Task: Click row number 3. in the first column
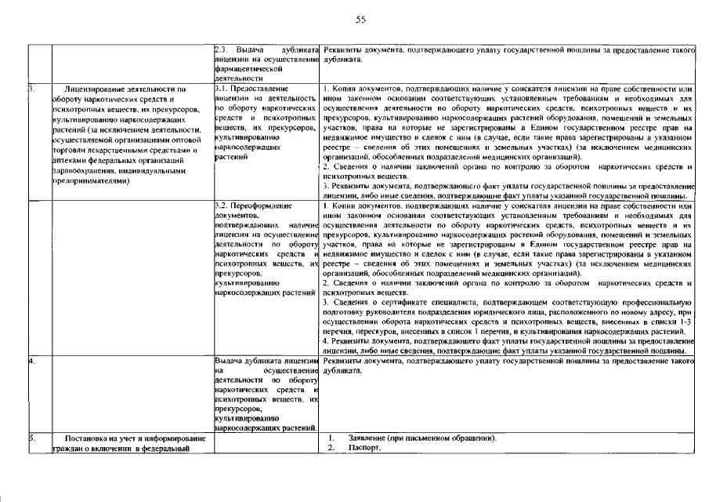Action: (x=32, y=89)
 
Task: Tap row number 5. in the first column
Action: (x=32, y=438)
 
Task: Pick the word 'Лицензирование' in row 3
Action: (x=99, y=89)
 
